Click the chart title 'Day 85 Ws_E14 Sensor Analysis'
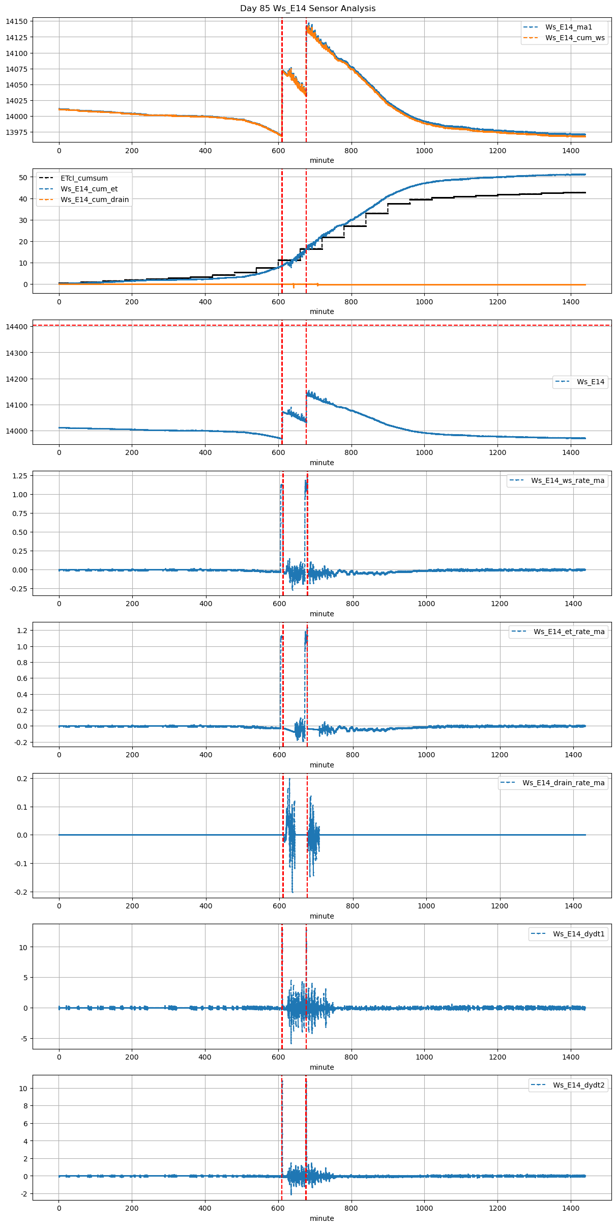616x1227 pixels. coord(308,8)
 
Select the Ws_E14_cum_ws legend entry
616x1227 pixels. coord(575,38)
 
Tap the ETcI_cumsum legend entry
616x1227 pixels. coord(84,178)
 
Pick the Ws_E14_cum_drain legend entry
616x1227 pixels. coord(95,199)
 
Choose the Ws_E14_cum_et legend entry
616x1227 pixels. coord(89,189)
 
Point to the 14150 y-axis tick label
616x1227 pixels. coord(16,21)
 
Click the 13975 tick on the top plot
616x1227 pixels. coord(16,132)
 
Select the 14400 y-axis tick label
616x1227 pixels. coord(16,327)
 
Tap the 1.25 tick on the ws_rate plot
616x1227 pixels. coord(19,475)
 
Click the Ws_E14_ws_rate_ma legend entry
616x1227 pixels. coord(568,480)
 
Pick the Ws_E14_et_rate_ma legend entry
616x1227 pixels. coord(569,632)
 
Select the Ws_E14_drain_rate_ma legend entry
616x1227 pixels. coord(563,783)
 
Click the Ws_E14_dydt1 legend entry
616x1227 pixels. coord(579,934)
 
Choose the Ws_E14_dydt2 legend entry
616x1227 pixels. coord(579,1085)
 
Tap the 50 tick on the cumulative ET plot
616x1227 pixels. coord(23,178)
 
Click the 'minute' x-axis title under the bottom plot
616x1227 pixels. coord(321,1218)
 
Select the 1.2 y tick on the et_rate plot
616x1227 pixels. coord(22,631)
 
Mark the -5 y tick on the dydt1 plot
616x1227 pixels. coord(24,1039)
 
